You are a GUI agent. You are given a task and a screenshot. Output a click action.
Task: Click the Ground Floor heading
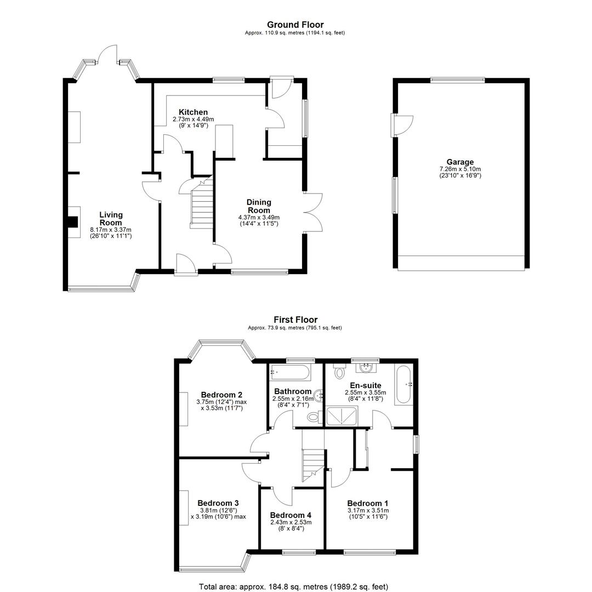tap(295, 25)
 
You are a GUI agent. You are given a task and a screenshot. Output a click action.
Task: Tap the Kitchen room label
tap(193, 112)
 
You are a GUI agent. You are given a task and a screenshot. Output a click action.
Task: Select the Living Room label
tap(111, 219)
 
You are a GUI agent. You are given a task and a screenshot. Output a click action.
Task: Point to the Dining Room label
tap(259, 206)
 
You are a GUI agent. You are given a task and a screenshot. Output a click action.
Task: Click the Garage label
tap(460, 162)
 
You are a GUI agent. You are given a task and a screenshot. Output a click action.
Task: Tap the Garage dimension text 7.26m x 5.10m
tap(460, 169)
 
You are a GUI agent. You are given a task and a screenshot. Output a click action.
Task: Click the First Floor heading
tap(295, 320)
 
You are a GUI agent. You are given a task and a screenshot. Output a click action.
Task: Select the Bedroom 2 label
tap(221, 395)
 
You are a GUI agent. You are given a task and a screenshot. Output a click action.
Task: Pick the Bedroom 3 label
tap(218, 503)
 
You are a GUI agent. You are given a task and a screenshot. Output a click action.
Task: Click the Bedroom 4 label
tap(291, 515)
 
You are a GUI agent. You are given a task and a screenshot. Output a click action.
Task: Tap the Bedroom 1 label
tap(368, 503)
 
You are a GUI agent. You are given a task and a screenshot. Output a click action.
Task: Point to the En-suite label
tap(366, 385)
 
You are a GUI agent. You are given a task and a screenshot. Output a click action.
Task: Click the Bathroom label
tap(293, 391)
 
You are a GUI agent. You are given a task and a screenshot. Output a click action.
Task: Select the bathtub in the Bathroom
tap(291, 373)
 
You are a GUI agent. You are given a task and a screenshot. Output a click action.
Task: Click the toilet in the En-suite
tap(339, 371)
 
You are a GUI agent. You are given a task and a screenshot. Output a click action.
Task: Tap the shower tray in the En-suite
tap(341, 416)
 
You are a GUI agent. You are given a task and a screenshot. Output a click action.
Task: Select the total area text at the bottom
tap(293, 587)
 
